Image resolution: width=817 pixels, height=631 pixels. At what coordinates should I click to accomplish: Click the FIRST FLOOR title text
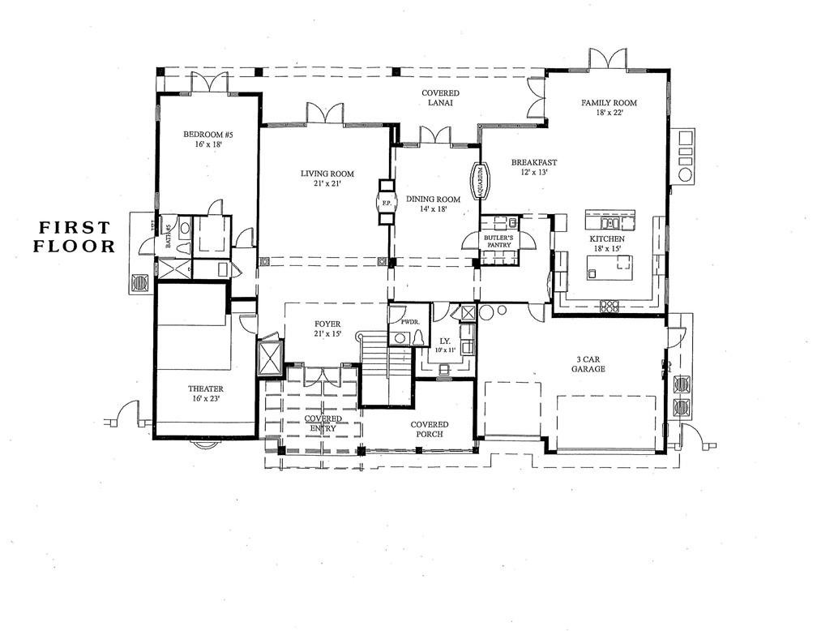[x=75, y=236]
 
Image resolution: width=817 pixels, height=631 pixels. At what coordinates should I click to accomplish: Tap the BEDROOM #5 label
[x=208, y=135]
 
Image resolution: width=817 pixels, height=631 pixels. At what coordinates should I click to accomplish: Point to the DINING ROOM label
[x=433, y=200]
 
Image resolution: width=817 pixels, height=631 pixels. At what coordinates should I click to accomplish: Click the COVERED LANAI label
[x=441, y=98]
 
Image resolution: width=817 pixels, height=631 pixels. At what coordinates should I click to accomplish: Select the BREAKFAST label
[x=534, y=162]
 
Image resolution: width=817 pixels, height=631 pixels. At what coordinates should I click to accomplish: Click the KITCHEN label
[x=606, y=239]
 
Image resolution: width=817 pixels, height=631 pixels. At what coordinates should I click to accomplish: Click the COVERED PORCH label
[x=430, y=430]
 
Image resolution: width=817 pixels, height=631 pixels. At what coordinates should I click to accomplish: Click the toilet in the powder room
[x=419, y=337]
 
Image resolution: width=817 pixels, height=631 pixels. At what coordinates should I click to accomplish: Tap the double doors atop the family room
[x=608, y=59]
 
